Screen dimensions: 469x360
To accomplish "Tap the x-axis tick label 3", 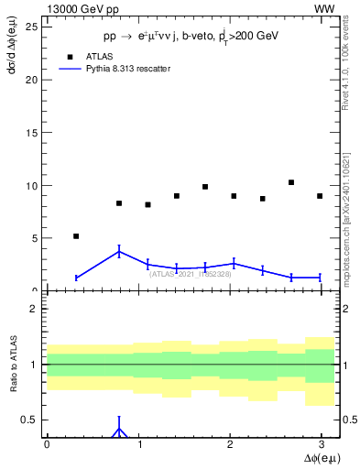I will point(320,443).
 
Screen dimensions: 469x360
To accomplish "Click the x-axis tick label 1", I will point(138,443).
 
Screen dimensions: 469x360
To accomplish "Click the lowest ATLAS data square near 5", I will point(76,236).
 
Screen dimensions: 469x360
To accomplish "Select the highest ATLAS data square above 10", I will point(290,182).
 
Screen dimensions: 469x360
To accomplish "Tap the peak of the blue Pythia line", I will point(119,252).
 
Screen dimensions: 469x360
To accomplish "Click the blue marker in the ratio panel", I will point(119,429).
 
